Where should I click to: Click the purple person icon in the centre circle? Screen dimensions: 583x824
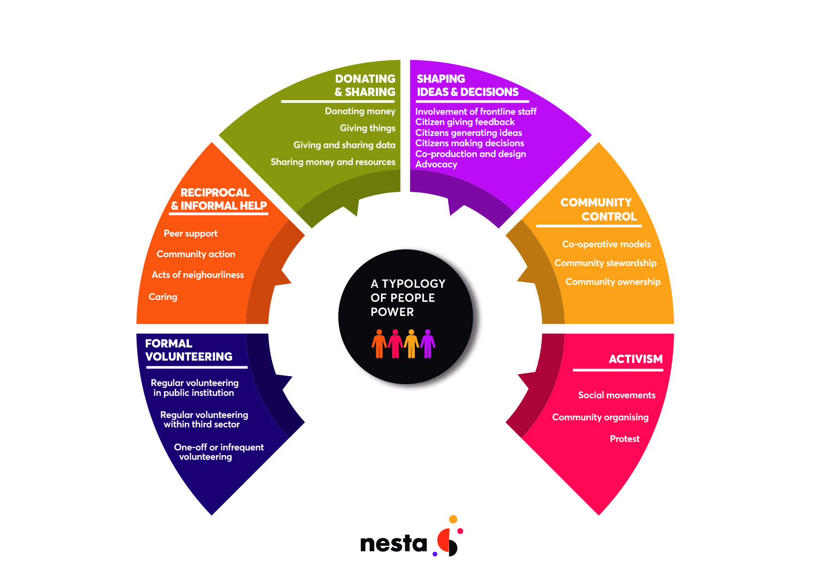(x=428, y=344)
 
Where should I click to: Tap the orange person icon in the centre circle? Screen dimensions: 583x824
(x=379, y=344)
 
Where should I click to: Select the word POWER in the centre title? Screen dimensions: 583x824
(x=392, y=312)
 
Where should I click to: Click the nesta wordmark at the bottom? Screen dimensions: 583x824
(x=393, y=544)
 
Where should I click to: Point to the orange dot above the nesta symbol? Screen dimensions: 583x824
(x=453, y=519)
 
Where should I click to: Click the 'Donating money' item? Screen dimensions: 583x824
(x=360, y=111)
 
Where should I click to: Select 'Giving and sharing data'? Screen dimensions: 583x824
(x=344, y=145)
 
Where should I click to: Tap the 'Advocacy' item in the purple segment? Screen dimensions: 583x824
(x=436, y=164)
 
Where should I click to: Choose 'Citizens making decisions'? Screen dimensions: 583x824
(x=469, y=143)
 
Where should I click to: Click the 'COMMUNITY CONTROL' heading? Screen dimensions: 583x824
(x=598, y=209)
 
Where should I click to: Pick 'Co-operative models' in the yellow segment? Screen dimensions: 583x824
(x=606, y=244)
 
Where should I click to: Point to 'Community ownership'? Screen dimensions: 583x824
(x=613, y=282)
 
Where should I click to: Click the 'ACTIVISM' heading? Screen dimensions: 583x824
(x=635, y=359)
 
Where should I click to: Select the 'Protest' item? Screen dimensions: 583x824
(x=624, y=439)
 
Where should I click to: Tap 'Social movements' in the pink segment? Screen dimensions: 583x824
(x=616, y=395)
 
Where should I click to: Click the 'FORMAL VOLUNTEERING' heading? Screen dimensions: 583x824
(x=188, y=350)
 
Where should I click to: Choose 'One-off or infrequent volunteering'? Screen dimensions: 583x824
(x=218, y=452)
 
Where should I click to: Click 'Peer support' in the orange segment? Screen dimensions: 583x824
(x=190, y=233)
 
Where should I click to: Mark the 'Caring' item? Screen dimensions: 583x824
(x=163, y=297)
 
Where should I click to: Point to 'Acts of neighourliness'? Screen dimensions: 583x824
(x=197, y=275)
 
